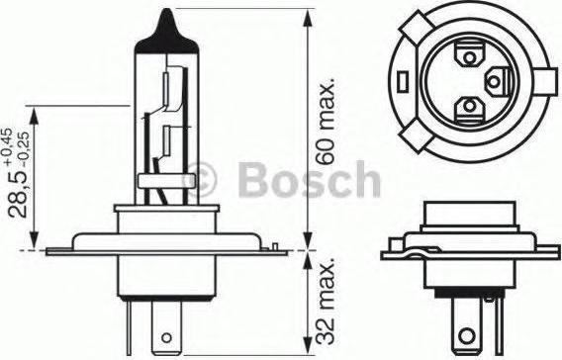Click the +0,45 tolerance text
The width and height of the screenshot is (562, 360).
[x=8, y=146]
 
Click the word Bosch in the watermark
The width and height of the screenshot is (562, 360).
[x=310, y=180]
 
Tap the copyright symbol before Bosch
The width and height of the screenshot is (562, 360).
[x=200, y=180]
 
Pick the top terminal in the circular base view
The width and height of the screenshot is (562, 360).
[x=469, y=55]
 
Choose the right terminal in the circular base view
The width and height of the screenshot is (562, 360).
[x=497, y=82]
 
